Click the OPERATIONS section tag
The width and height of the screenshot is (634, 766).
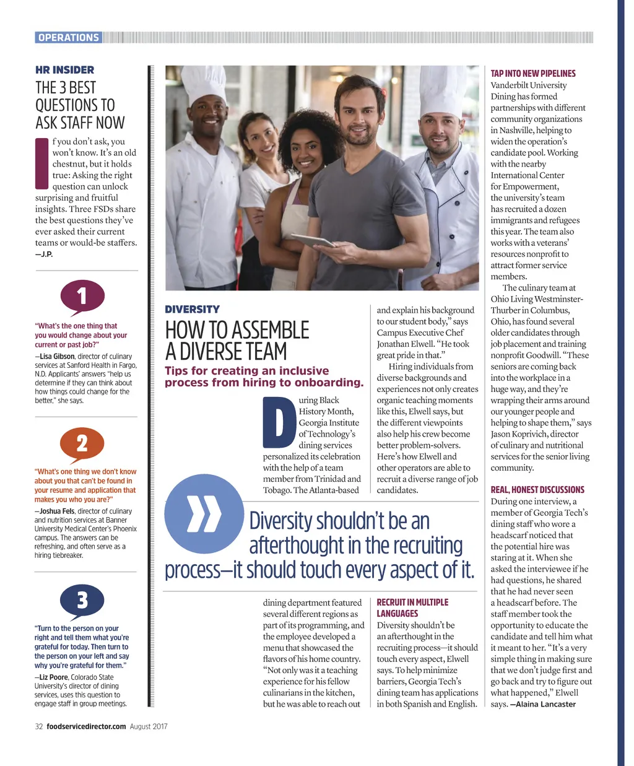[x=68, y=37]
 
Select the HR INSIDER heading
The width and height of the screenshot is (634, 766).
[x=65, y=70]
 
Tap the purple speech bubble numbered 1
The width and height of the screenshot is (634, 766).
[x=82, y=297]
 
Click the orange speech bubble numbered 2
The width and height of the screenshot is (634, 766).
[x=82, y=443]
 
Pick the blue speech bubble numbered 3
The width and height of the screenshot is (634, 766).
[x=82, y=599]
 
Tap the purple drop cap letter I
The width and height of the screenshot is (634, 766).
[x=41, y=163]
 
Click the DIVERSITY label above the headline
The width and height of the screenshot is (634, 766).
[x=192, y=309]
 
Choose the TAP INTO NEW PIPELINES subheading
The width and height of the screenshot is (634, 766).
[x=533, y=73]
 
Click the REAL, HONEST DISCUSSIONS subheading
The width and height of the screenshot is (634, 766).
[x=537, y=489]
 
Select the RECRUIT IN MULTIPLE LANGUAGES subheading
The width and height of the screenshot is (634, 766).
[x=412, y=607]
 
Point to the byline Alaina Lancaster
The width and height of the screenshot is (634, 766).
[x=545, y=704]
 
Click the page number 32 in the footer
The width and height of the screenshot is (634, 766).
[x=38, y=726]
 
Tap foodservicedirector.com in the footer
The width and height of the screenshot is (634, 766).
[x=86, y=726]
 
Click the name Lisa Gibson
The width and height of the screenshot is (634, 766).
[x=57, y=356]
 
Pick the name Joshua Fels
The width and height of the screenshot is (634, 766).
[x=58, y=511]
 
